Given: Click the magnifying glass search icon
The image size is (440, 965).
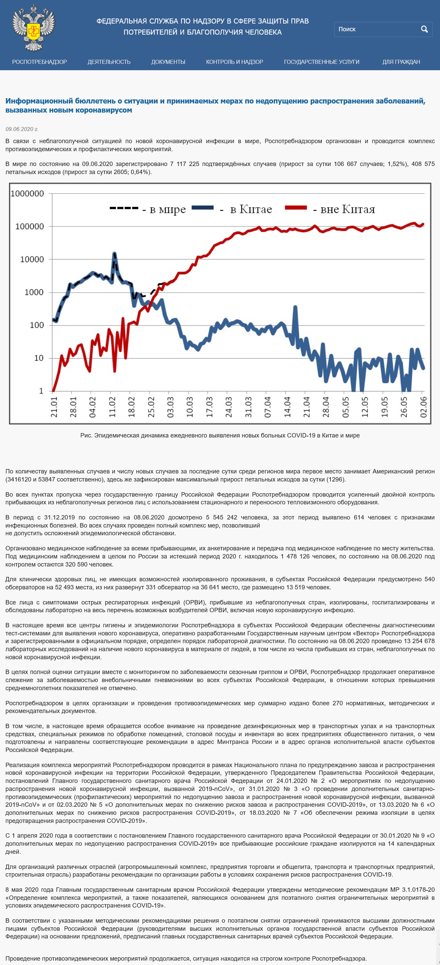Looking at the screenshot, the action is tap(424, 29).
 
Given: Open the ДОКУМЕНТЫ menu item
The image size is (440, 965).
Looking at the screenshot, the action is tap(168, 62).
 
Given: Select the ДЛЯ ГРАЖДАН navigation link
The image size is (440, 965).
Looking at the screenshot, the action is tap(401, 62).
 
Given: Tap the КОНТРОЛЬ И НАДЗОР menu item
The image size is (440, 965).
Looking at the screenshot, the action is tap(234, 62).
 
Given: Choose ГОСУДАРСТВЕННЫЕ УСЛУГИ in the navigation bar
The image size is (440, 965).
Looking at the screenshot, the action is tap(322, 62).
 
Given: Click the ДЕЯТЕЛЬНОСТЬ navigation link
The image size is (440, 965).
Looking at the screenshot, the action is tap(109, 62).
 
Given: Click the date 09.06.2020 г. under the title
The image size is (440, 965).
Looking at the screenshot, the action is tap(22, 129).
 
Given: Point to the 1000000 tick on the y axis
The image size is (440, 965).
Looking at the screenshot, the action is tap(27, 194).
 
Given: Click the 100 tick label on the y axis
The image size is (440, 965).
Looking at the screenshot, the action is tap(37, 325).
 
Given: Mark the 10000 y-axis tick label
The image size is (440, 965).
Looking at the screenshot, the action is tap(32, 259).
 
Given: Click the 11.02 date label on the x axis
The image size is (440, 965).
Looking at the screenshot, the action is tap(112, 407).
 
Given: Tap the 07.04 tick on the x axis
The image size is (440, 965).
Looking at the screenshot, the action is tap(267, 407).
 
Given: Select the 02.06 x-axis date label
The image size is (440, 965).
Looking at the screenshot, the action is tap(423, 407).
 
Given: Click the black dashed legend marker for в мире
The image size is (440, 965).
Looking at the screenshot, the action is tap(124, 208).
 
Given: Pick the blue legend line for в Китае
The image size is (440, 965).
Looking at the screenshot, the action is tap(203, 208).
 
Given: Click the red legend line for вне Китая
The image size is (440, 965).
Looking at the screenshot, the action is tap(296, 208).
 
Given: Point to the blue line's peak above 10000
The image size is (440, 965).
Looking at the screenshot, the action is tap(114, 254).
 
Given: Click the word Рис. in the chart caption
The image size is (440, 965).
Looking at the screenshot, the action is tap(86, 435).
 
